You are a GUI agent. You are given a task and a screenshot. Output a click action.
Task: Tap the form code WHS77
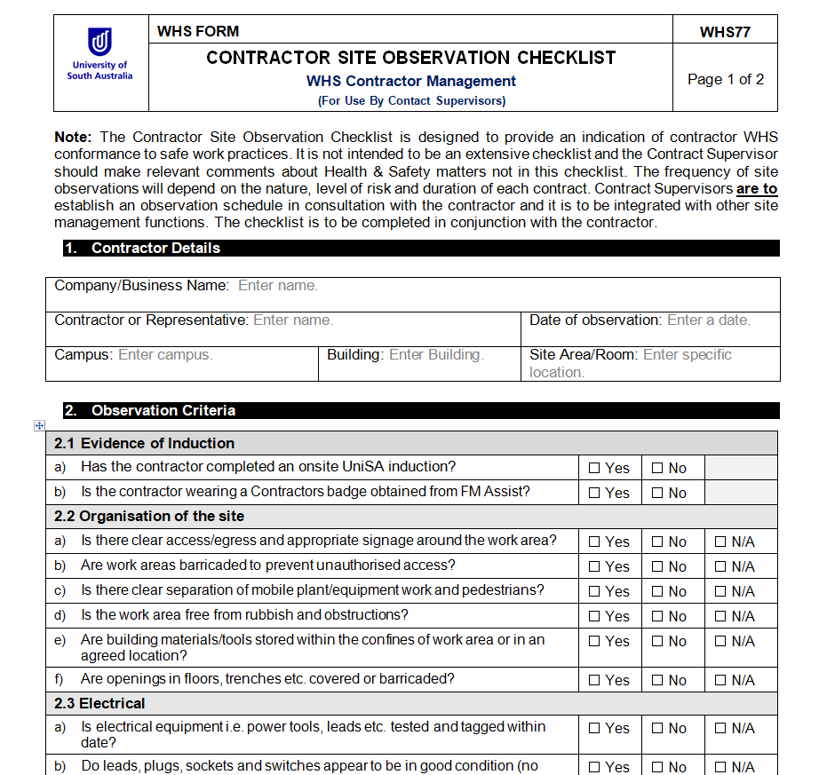[725, 32]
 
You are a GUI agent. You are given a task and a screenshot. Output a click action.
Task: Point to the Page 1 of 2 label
[726, 79]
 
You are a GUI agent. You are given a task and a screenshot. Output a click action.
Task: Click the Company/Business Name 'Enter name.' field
[278, 286]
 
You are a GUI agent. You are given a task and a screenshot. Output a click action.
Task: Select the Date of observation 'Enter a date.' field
[708, 320]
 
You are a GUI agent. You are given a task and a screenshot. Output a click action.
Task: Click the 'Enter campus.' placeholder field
[165, 354]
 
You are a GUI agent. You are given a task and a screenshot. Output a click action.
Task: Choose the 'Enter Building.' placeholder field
[436, 354]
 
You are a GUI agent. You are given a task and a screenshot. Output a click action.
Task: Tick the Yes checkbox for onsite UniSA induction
[595, 469]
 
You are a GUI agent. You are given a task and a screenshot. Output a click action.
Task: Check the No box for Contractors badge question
[657, 494]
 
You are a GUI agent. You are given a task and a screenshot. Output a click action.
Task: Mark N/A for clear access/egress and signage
[720, 542]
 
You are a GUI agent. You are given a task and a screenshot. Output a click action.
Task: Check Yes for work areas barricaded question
[595, 566]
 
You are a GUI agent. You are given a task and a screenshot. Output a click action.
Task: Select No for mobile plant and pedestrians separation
[657, 591]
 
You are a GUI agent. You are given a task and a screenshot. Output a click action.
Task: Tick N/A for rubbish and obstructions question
[720, 616]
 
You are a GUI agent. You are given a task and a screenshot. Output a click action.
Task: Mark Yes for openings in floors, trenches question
[595, 681]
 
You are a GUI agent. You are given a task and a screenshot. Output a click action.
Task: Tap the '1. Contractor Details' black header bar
[155, 249]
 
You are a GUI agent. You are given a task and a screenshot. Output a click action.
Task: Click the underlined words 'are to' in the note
[756, 189]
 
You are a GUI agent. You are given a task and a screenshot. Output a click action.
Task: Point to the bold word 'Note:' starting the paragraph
[73, 137]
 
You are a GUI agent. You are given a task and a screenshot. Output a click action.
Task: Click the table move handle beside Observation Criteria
[38, 426]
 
